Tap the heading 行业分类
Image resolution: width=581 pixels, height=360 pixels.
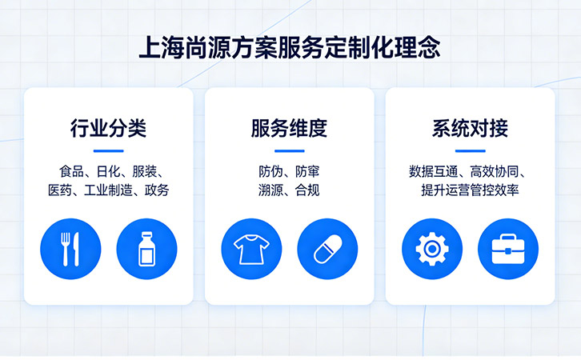click(108, 129)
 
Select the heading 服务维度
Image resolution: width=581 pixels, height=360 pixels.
click(289, 129)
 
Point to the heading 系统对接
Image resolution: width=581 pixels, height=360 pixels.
click(470, 129)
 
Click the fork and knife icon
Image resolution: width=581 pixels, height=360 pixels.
click(70, 249)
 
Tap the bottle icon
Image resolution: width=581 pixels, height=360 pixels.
click(146, 249)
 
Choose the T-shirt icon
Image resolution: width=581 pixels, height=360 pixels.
click(251, 249)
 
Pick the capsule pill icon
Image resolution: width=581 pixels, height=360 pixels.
click(327, 249)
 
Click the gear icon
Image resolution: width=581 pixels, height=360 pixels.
click(432, 249)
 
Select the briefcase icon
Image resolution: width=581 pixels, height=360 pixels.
click(508, 249)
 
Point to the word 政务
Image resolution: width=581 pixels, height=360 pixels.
click(157, 190)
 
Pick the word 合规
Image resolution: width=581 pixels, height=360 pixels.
click(307, 190)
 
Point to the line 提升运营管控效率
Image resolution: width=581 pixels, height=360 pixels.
click(471, 190)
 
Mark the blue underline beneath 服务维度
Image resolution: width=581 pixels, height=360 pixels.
click(289, 150)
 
